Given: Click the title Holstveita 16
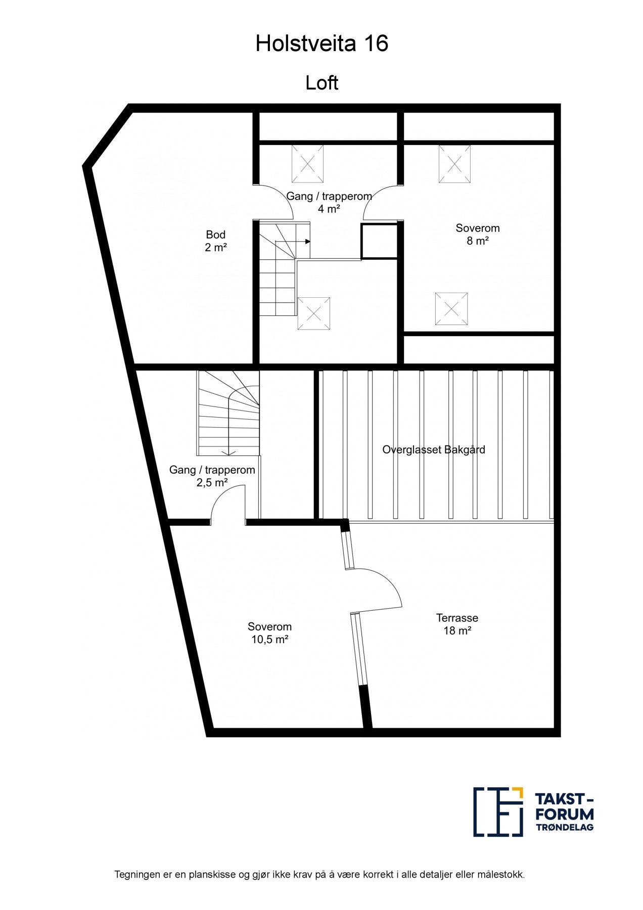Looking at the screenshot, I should [321, 44].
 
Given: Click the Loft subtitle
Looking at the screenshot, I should [321, 83].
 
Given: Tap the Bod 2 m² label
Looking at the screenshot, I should [215, 241].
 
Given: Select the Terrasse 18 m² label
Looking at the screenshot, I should [457, 624].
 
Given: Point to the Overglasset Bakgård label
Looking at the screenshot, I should [433, 449].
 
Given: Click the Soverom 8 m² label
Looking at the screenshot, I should [477, 234].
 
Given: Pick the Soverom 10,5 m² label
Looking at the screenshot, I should [269, 633].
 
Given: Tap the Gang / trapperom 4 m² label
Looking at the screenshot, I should [329, 202].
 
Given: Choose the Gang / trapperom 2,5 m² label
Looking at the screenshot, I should [212, 476].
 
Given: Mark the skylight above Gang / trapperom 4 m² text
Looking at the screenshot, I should [307, 164].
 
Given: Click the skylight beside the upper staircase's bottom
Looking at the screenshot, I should [313, 313].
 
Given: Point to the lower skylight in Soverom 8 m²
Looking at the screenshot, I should [451, 308].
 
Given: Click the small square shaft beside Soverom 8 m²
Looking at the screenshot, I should [379, 241].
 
